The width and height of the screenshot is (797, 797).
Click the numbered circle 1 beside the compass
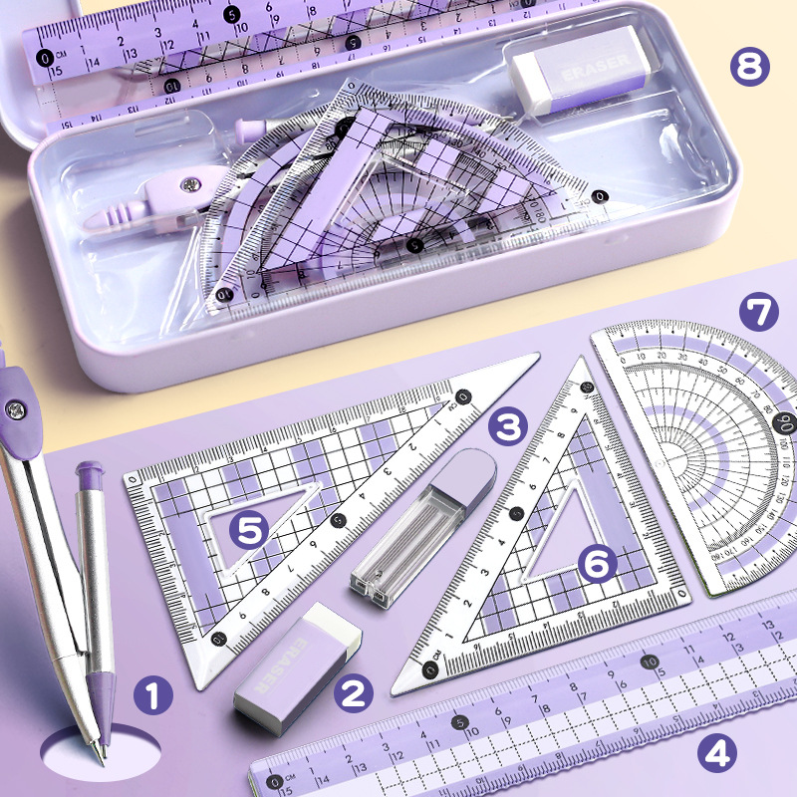tap(152, 695)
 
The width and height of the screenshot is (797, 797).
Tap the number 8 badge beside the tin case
tap(750, 67)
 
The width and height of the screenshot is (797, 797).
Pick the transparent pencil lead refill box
tap(423, 528)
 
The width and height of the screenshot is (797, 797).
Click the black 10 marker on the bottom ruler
tap(649, 661)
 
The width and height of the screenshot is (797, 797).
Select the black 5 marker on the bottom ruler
tap(460, 722)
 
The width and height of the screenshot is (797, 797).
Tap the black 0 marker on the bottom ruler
tap(275, 783)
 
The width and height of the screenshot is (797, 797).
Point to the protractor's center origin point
tap(686, 459)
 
